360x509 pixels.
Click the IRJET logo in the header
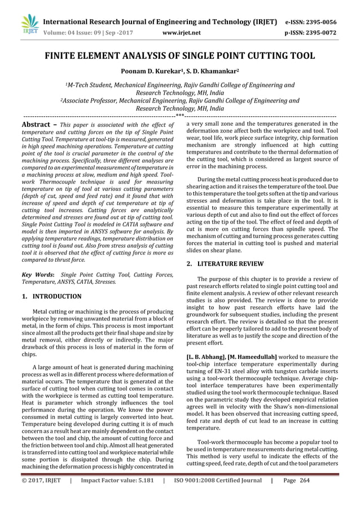(29, 24)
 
